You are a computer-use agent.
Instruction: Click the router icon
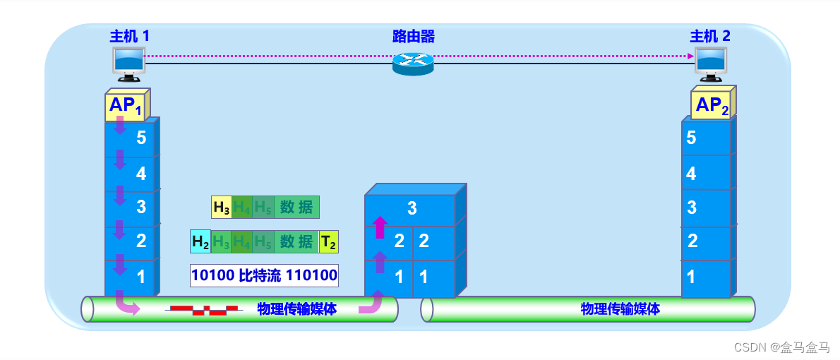[413, 64]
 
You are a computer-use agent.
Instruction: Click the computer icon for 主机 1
[128, 63]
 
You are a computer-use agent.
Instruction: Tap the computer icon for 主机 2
[712, 63]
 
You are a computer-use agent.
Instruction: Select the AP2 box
[712, 106]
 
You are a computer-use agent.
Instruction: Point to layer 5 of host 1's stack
[131, 138]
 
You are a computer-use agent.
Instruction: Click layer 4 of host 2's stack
[705, 173]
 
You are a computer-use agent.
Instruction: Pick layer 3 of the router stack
[412, 208]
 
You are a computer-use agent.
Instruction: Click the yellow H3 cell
[222, 208]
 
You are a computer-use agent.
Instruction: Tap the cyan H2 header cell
[200, 242]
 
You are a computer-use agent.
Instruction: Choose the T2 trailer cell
[329, 242]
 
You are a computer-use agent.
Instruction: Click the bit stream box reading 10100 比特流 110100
[264, 275]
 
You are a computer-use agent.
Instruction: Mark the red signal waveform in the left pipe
[203, 309]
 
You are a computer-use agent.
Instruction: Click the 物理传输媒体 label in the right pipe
[620, 309]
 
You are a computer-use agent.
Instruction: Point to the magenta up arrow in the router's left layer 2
[380, 227]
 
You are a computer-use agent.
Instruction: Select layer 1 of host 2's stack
[705, 277]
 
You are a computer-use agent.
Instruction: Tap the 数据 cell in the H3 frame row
[296, 208]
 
